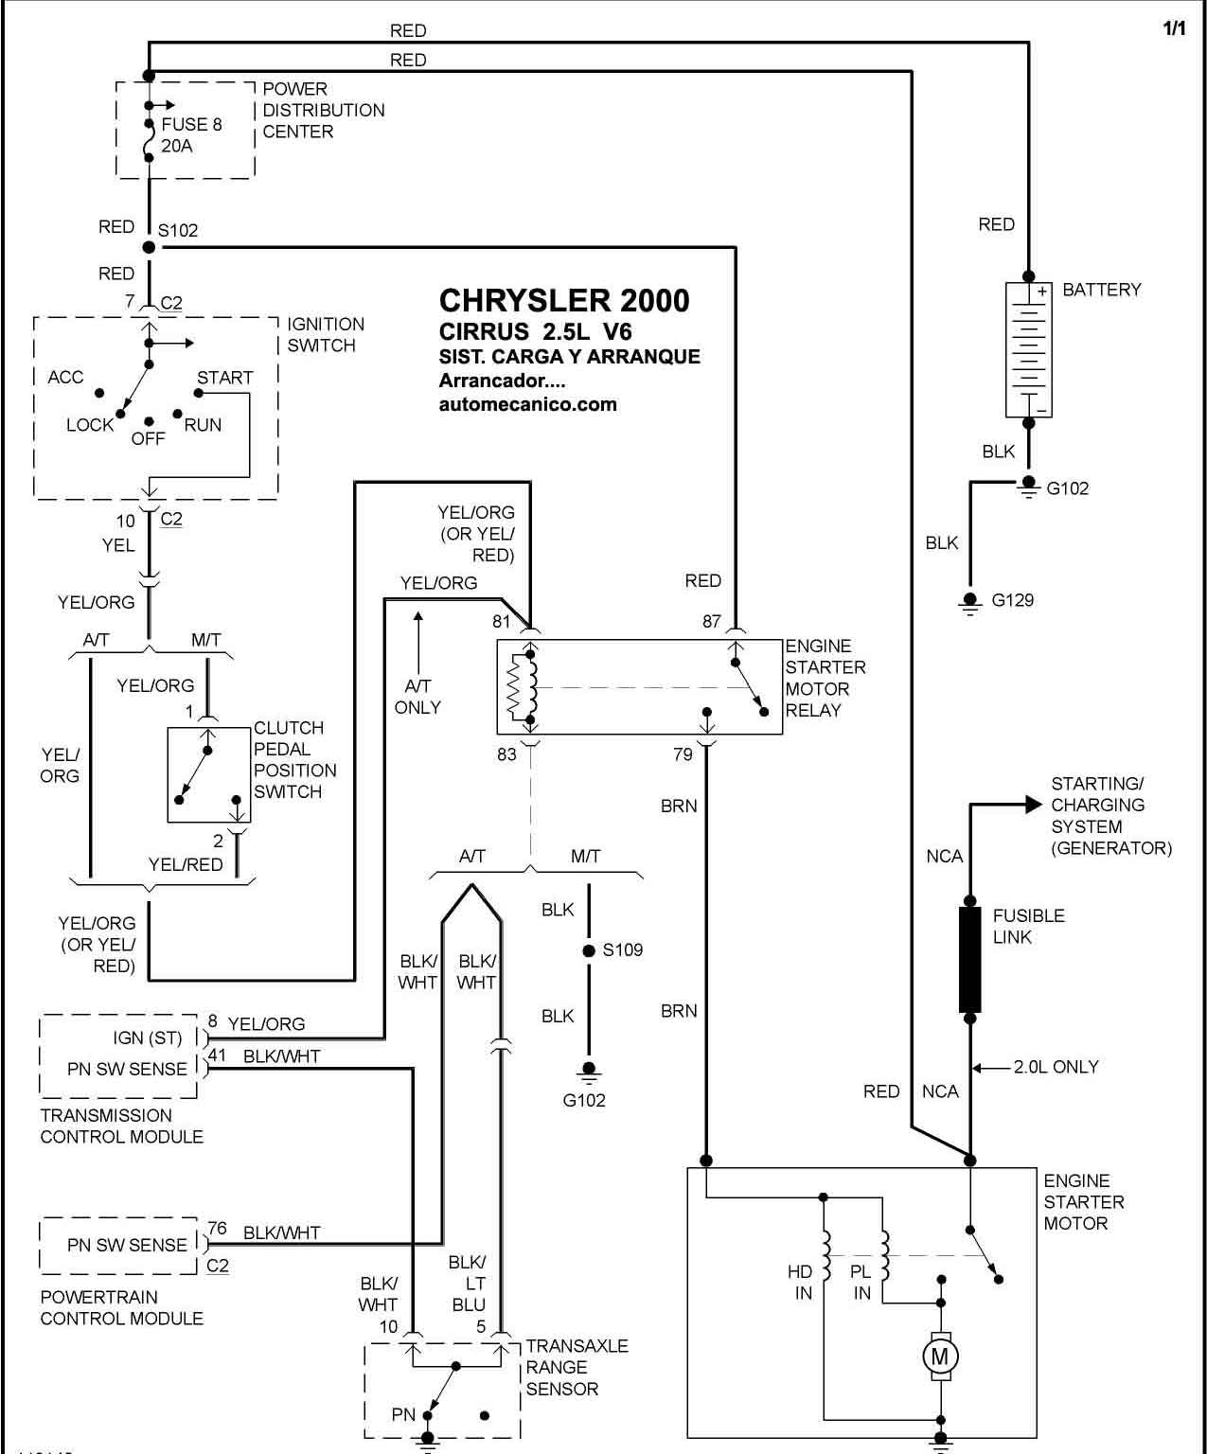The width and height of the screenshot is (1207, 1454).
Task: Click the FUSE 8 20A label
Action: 191,135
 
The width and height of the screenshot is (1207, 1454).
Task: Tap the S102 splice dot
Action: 149,247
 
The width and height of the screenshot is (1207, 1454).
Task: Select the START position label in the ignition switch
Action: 225,378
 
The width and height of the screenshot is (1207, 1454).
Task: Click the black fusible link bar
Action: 969,960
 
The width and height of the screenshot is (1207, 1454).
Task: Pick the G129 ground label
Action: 1013,600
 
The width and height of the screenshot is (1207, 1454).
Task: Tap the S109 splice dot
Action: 589,950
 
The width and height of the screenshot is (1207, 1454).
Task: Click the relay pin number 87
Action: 711,621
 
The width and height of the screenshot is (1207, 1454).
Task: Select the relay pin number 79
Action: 683,754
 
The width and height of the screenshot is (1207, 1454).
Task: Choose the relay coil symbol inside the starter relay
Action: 524,687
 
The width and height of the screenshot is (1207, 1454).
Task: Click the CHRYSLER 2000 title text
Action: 564,301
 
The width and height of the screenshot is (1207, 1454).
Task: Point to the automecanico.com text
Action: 528,404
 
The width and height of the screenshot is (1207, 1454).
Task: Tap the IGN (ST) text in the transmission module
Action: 147,1038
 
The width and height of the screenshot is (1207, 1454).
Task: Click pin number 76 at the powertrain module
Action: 218,1228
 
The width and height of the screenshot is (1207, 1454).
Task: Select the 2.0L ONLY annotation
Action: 1056,1067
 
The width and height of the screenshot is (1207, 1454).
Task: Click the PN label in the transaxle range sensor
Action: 403,1414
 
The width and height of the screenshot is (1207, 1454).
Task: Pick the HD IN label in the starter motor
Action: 800,1282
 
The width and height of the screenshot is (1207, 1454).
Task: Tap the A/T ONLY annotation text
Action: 417,697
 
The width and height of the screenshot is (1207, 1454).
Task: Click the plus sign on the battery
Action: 1042,292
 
